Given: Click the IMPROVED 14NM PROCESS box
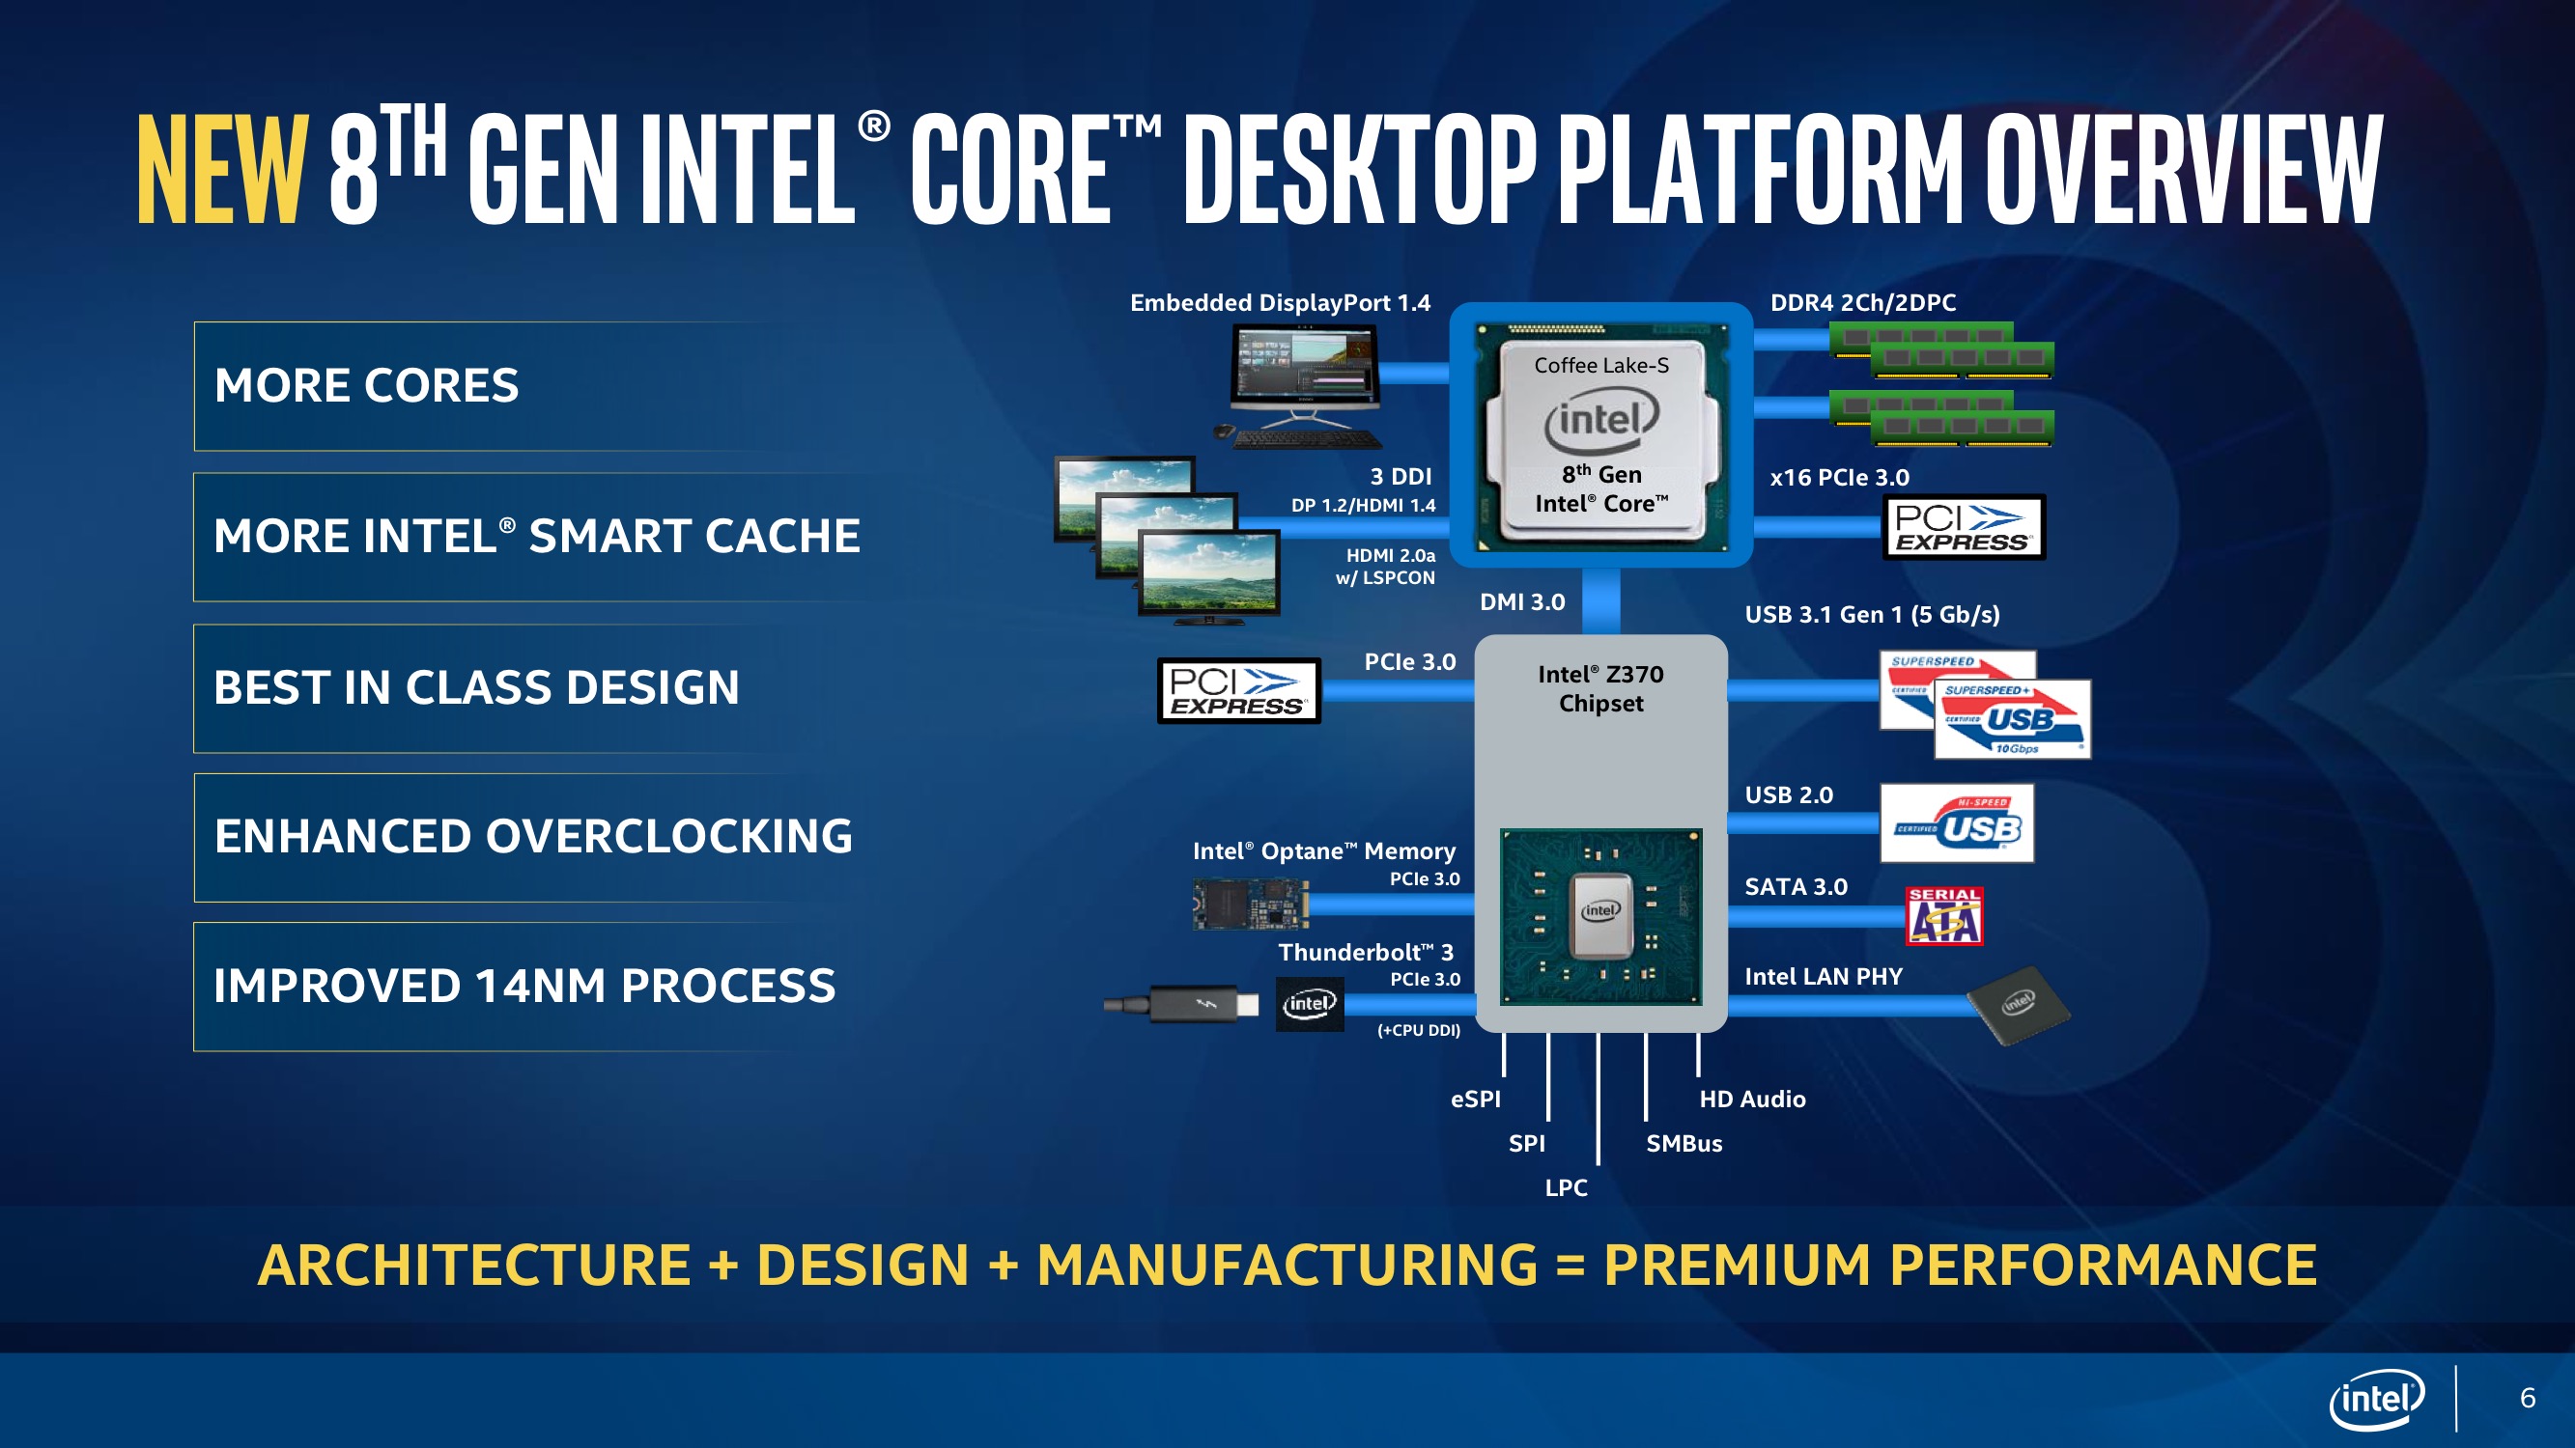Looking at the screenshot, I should point(524,987).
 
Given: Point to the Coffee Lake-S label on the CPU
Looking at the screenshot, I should point(1601,366).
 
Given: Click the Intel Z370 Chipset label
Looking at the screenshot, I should point(1600,688).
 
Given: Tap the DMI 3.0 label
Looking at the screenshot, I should point(1521,601).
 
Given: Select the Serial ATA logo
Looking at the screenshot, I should point(1944,915).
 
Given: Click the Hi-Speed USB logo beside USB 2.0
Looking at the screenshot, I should point(1956,823).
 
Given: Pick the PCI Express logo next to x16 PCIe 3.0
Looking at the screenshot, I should point(1964,528).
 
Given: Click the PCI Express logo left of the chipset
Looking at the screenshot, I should point(1238,690).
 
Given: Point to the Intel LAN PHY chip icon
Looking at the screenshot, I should point(2018,1004).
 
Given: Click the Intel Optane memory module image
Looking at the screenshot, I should point(1250,905).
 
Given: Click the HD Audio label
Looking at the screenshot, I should point(1752,1100).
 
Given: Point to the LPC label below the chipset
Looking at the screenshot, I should point(1566,1188).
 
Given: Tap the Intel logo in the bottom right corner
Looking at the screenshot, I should point(2376,1398).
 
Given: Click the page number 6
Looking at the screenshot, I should point(2527,1398).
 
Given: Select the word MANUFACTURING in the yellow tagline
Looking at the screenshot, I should point(1287,1266).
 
